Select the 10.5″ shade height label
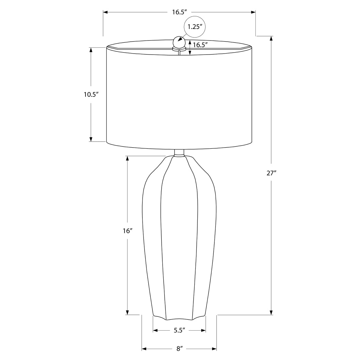pyautogui.click(x=91, y=94)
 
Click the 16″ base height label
pyautogui.click(x=127, y=231)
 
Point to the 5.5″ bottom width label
pyautogui.click(x=179, y=330)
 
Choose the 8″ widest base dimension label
pyautogui.click(x=180, y=349)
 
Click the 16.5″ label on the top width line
pyautogui.click(x=180, y=12)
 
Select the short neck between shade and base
pyautogui.click(x=179, y=153)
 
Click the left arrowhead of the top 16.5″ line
pyautogui.click(x=106, y=12)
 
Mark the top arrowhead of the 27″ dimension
pyautogui.click(x=271, y=38)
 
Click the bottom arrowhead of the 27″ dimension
pyautogui.click(x=271, y=312)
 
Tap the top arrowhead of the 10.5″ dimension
pyautogui.click(x=91, y=50)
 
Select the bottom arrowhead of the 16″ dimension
pyautogui.click(x=127, y=312)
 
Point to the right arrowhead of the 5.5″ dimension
pyautogui.click(x=204, y=330)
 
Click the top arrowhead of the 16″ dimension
pyautogui.click(x=127, y=159)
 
